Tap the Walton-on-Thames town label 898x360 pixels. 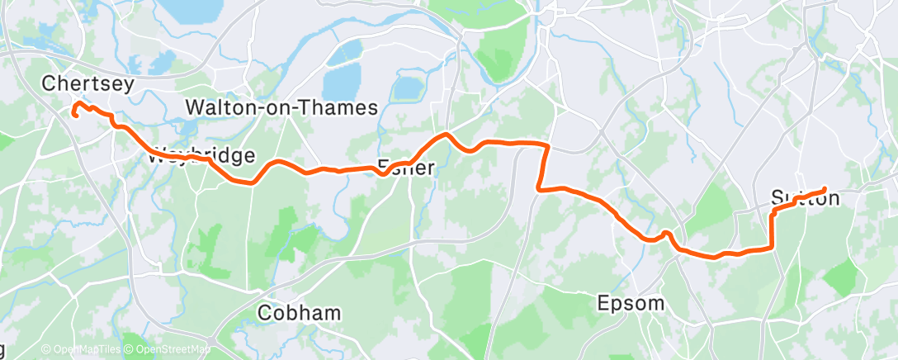[281, 107]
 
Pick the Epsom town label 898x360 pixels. [631, 303]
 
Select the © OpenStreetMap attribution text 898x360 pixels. [169, 350]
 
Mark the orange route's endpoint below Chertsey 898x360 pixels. [75, 115]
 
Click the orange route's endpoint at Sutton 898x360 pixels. [824, 190]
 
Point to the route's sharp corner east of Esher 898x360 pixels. [546, 145]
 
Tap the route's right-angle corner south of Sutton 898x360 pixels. [772, 246]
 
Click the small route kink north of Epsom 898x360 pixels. [665, 234]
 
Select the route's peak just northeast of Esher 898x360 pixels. [447, 134]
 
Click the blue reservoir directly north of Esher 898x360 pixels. [407, 88]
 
